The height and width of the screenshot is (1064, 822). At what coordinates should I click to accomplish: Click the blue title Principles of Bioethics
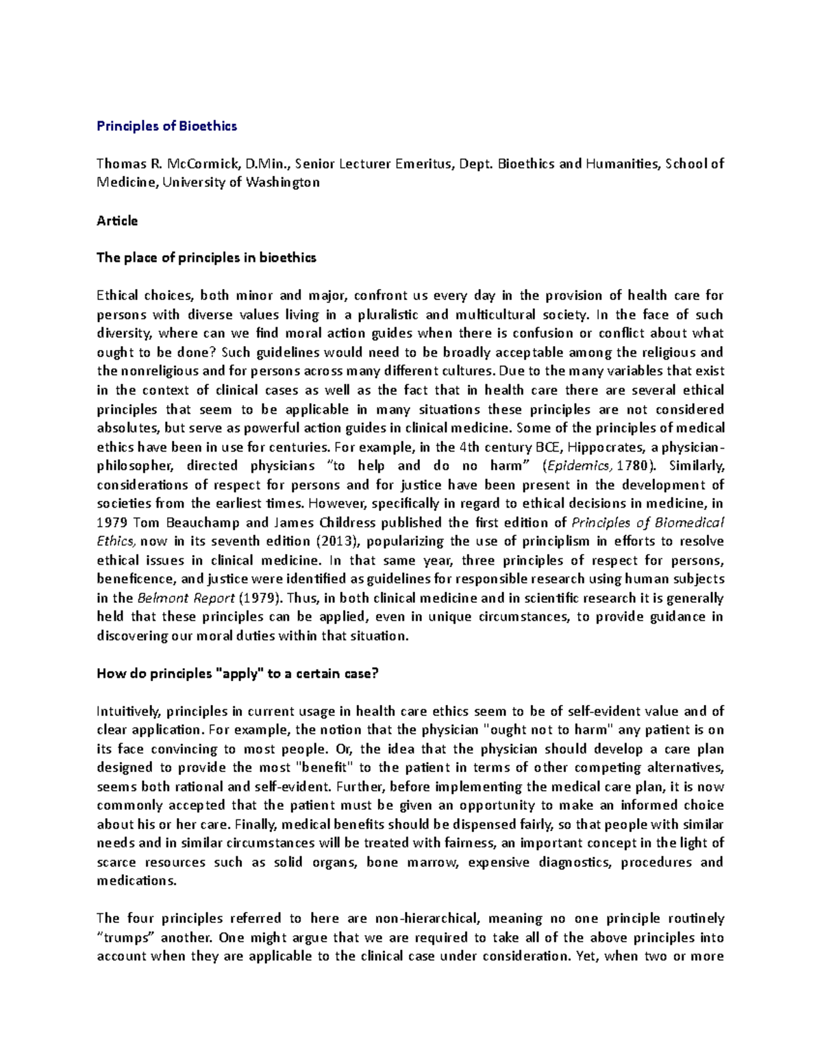166,126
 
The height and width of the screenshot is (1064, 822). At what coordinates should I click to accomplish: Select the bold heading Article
117,221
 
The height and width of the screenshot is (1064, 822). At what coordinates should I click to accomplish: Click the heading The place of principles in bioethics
206,258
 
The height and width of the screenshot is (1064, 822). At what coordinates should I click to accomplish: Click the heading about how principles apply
238,673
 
